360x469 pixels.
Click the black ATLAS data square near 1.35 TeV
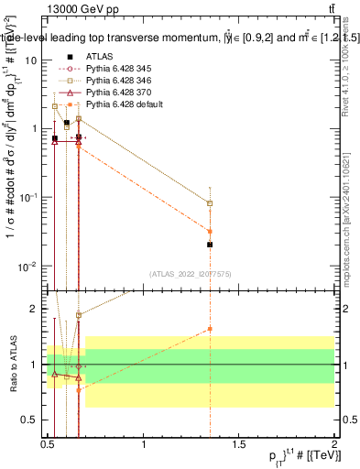click(211, 245)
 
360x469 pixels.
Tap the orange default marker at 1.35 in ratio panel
click(211, 329)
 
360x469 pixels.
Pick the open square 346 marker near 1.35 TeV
click(211, 203)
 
